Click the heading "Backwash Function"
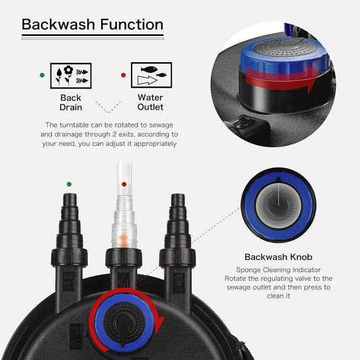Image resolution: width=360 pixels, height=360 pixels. pos(93,25)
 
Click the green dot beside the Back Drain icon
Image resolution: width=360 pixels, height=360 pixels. pos(43,75)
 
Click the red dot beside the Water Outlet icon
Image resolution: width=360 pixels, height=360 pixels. pos(123,75)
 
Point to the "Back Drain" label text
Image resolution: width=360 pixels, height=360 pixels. pos(71,102)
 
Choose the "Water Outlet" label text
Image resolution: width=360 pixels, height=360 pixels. pos(150,102)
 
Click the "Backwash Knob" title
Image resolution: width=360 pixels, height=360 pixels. pos(279,257)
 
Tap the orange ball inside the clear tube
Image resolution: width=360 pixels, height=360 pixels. pos(123,238)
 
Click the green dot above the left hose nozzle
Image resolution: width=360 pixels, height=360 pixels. pos(68,183)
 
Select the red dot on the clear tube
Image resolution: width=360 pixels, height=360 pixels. pos(123,184)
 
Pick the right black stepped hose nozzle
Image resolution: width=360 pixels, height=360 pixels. pos(177,223)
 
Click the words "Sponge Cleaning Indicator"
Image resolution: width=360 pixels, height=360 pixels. pos(279,268)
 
